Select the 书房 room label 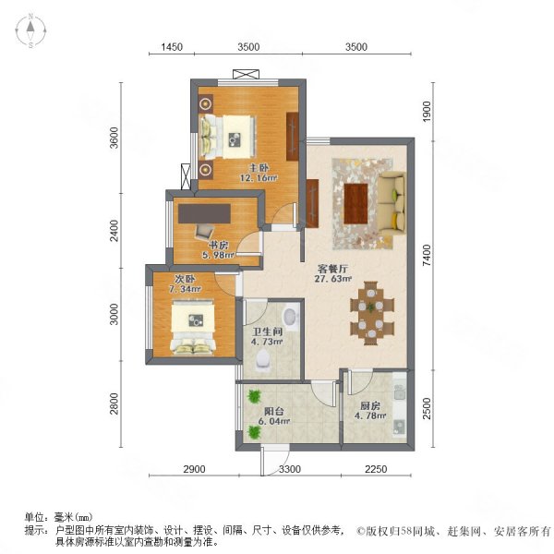pos(217,246)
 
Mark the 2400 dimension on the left pos(114,231)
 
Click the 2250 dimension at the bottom pos(374,470)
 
